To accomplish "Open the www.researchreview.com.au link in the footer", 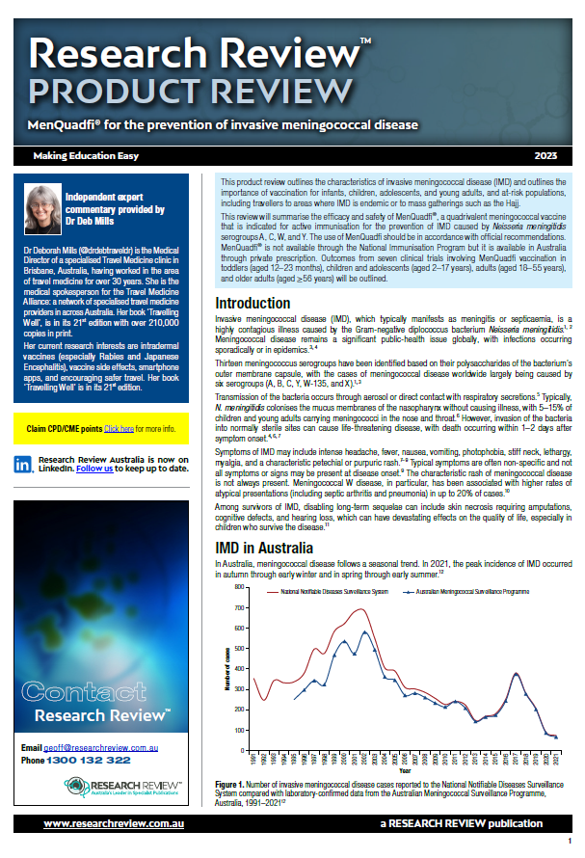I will (113, 823).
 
